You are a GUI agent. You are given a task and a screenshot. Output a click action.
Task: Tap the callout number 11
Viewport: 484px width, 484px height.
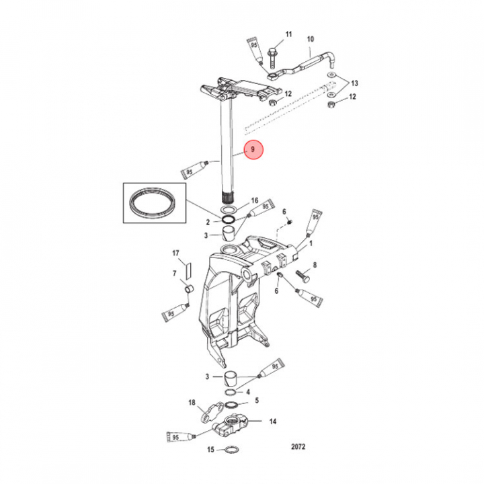pyautogui.click(x=289, y=34)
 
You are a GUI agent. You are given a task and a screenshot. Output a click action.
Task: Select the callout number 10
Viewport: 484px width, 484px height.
pyautogui.click(x=311, y=39)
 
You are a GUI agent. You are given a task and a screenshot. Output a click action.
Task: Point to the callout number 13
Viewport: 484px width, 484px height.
pyautogui.click(x=355, y=83)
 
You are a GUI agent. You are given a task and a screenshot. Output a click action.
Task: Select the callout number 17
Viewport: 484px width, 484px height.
pyautogui.click(x=176, y=253)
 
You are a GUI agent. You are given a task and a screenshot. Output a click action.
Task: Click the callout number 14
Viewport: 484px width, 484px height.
pyautogui.click(x=273, y=422)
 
